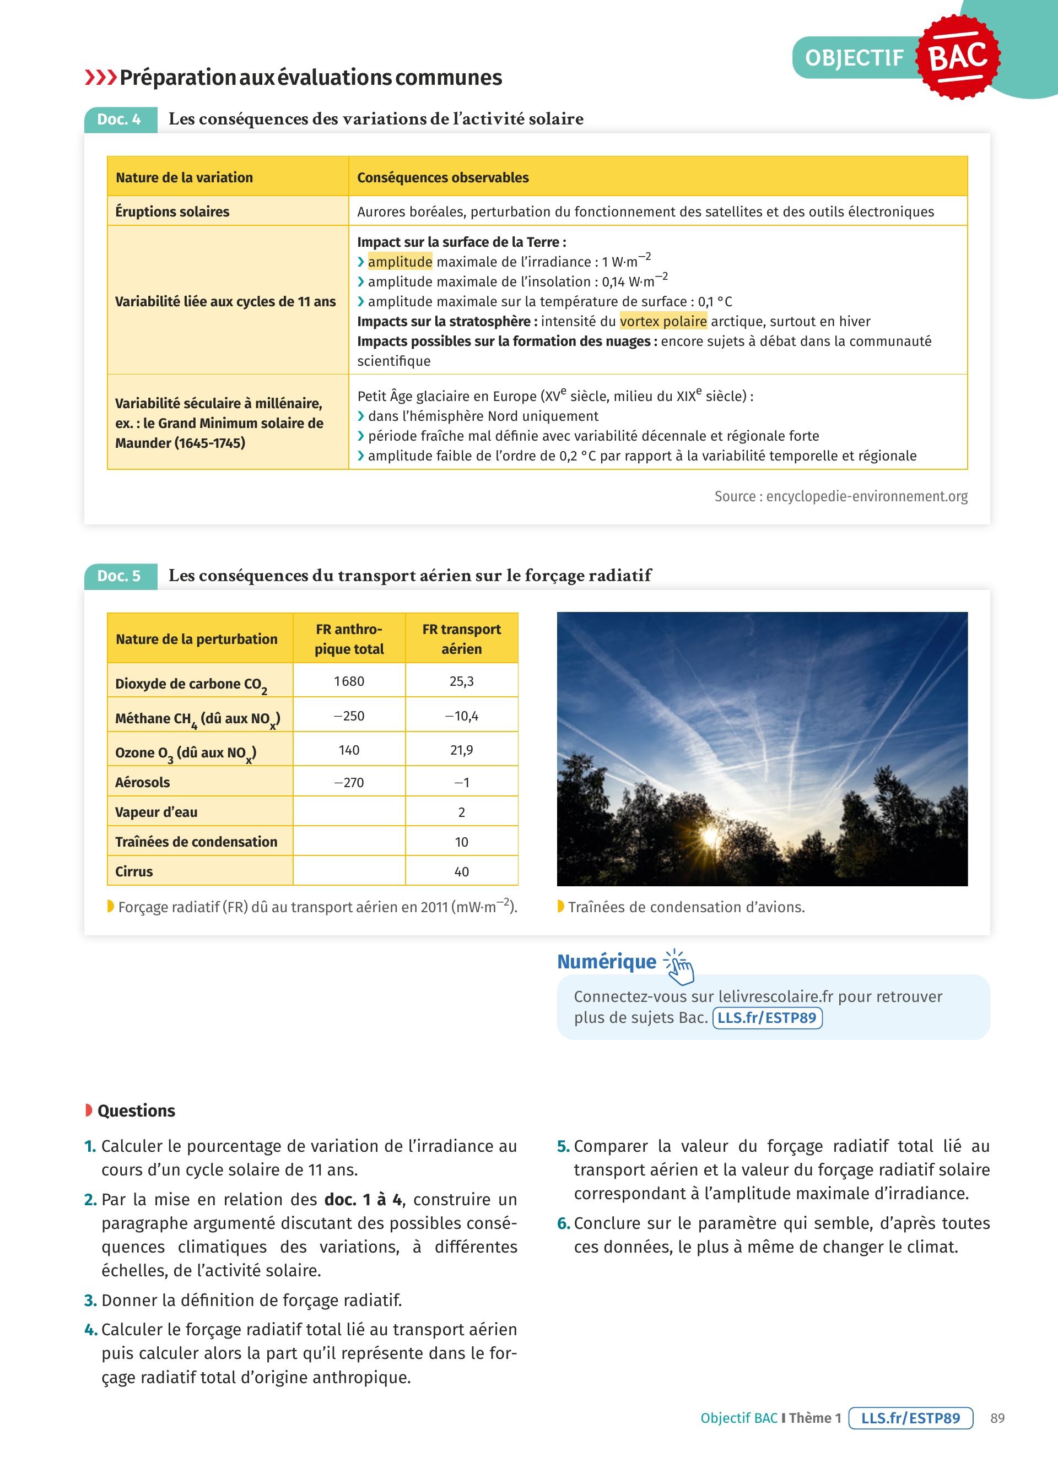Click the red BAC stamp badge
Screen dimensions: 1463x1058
[x=958, y=57]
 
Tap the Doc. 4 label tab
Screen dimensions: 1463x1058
[x=120, y=120]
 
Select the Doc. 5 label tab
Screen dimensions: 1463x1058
[x=120, y=576]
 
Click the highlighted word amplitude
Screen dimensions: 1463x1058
[x=400, y=262]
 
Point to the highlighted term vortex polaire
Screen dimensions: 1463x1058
[x=663, y=321]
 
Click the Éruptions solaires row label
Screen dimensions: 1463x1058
[x=172, y=212]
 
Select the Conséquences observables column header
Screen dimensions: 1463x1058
[x=442, y=177]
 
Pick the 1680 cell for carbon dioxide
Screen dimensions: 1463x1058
[x=349, y=681]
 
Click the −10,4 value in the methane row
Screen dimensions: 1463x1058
[x=461, y=716]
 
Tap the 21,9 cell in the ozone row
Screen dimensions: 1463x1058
[x=461, y=750]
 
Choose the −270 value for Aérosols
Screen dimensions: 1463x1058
[x=349, y=783]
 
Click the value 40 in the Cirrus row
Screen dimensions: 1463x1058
[x=461, y=871]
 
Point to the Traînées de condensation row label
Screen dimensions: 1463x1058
[x=196, y=842]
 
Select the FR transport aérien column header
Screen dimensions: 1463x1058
[x=461, y=638]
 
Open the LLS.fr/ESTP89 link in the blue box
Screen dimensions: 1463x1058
[x=767, y=1018]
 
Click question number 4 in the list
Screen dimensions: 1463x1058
[x=90, y=1330]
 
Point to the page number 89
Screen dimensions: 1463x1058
[x=997, y=1418]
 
